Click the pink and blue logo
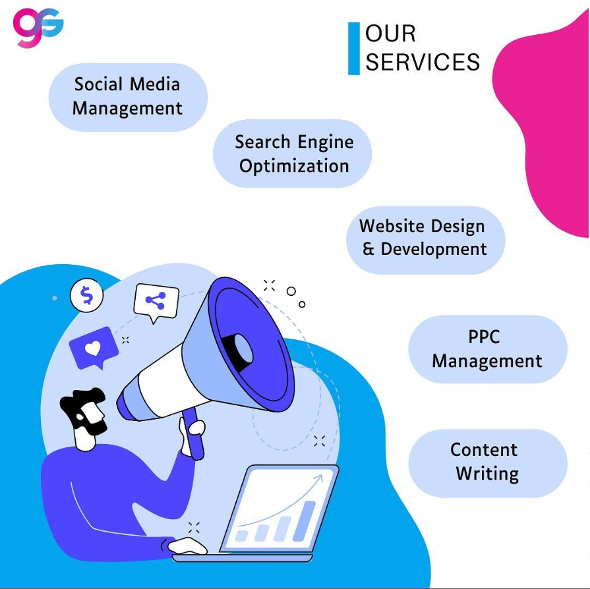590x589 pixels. (x=38, y=27)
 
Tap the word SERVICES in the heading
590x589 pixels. (x=423, y=62)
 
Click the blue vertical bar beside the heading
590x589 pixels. (x=354, y=48)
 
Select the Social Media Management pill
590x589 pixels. (x=128, y=96)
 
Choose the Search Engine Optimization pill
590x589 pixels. (x=293, y=153)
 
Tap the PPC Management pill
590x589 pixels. (x=487, y=349)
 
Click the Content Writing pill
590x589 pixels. (x=487, y=462)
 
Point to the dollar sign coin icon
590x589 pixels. (x=87, y=295)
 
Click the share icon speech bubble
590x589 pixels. (x=156, y=302)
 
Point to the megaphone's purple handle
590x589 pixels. (x=191, y=435)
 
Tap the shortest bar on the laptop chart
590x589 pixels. (x=242, y=535)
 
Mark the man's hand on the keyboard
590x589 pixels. (x=187, y=545)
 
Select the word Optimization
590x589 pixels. (x=294, y=165)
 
